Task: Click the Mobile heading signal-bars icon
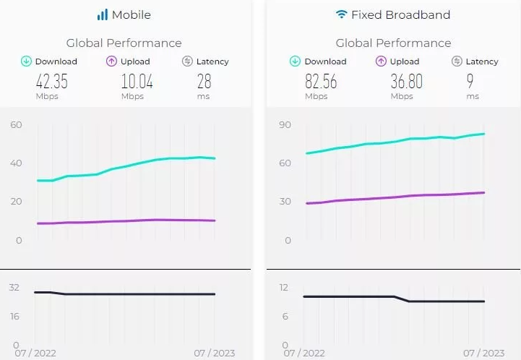pos(103,14)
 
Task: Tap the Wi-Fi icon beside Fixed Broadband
pos(341,14)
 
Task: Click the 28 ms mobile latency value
pos(204,81)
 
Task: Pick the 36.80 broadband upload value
pos(406,81)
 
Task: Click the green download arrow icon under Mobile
pos(26,61)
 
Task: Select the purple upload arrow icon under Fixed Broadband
pos(381,61)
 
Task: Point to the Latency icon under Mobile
pos(187,61)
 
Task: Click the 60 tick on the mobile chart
pos(17,125)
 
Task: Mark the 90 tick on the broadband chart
pos(285,125)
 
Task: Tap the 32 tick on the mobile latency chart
pos(14,287)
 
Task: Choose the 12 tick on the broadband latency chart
pos(284,287)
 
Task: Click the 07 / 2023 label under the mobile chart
pos(214,353)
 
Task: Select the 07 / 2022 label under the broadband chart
pos(304,353)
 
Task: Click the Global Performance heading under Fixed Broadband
pos(393,43)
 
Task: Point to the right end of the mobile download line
pos(215,158)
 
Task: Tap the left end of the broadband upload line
pos(307,203)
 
